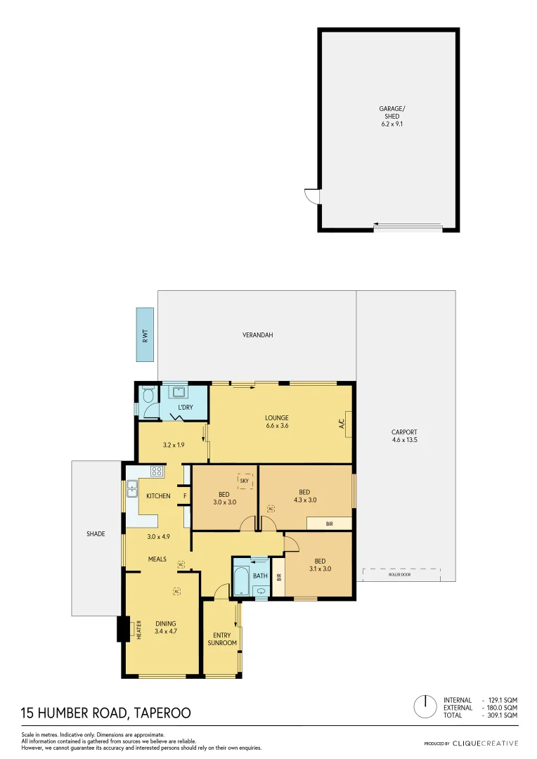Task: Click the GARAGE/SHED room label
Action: (x=392, y=116)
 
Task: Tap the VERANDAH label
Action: (x=257, y=335)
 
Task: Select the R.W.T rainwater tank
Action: (x=145, y=335)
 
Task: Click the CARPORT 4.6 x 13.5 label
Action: (x=404, y=436)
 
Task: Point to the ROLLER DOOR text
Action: (x=400, y=575)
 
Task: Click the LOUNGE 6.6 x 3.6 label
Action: (x=276, y=422)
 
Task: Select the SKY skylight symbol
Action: (x=245, y=481)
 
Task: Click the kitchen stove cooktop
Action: (x=157, y=472)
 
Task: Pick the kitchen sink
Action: (x=131, y=484)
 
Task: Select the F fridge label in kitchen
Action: (x=185, y=496)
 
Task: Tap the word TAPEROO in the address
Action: (x=161, y=713)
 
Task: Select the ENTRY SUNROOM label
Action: (x=222, y=639)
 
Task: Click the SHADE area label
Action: (x=96, y=534)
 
